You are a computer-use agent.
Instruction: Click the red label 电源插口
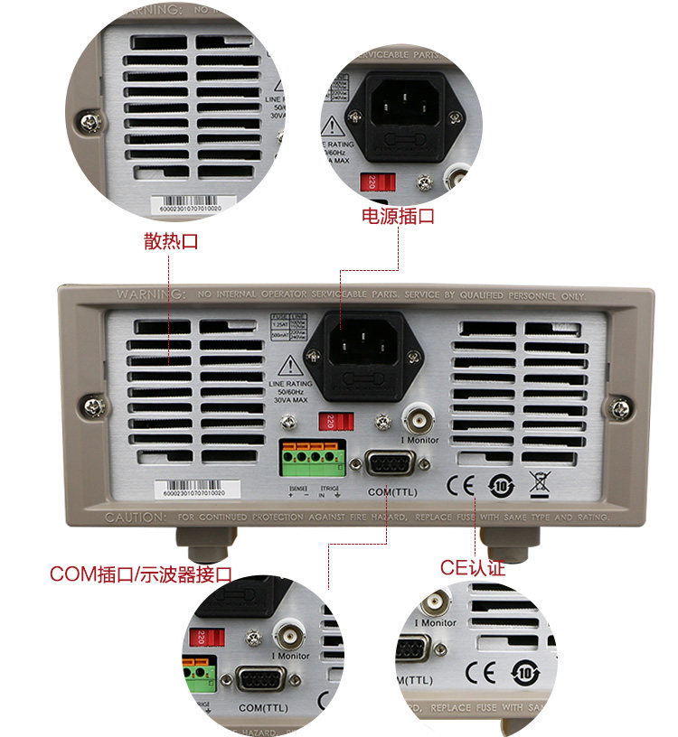pyautogui.click(x=398, y=217)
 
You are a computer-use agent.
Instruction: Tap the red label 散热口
pyautogui.click(x=170, y=241)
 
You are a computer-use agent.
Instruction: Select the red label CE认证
pyautogui.click(x=472, y=568)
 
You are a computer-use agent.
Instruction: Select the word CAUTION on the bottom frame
pyautogui.click(x=136, y=518)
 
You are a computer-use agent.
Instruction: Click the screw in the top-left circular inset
pyautogui.click(x=89, y=119)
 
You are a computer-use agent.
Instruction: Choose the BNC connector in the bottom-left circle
pyautogui.click(x=292, y=632)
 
